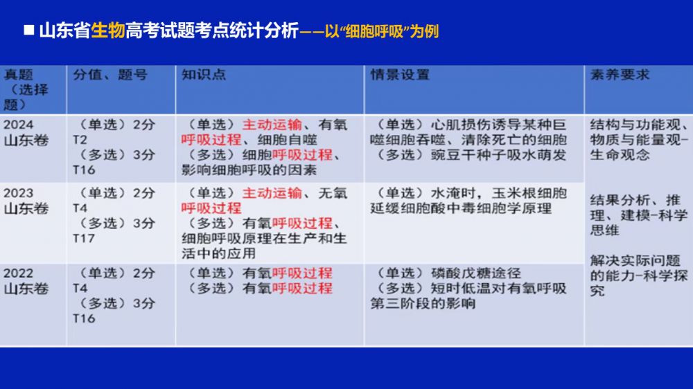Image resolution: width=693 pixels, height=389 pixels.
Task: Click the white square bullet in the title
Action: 28,30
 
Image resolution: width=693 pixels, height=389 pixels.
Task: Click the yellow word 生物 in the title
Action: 108,31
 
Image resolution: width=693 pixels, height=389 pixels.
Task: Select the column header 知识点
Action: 204,75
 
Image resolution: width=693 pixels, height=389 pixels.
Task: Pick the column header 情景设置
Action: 400,75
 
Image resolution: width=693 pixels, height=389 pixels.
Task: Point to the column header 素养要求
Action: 620,75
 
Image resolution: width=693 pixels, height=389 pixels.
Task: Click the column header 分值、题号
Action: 110,75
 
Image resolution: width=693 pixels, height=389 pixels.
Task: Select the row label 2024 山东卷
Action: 26,132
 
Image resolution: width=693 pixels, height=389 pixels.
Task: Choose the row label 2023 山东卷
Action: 26,201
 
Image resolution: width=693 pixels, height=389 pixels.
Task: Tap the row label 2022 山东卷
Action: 26,281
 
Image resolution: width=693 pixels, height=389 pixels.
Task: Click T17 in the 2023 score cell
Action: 84,238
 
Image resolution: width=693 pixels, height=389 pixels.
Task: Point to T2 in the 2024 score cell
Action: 80,140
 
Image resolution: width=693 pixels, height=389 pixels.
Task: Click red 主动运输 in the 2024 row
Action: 272,125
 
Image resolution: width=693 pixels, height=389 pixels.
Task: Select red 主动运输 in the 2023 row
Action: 272,193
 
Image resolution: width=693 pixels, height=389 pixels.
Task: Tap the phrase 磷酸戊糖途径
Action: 476,273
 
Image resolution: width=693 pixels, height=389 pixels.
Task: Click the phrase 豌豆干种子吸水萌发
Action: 498,155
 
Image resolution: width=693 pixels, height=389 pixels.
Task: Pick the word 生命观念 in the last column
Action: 620,155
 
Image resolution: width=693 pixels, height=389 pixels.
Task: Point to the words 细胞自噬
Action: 288,140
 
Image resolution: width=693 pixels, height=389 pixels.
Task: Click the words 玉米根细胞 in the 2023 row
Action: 529,193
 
